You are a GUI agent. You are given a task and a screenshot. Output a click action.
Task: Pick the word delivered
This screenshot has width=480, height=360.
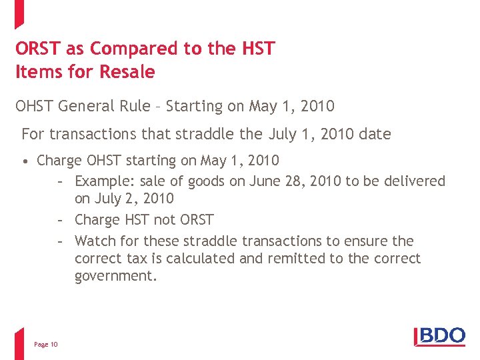click(x=414, y=181)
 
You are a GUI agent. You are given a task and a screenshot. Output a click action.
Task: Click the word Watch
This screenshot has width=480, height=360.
click(x=95, y=241)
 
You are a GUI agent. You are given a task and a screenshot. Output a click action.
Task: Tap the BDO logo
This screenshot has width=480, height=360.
click(x=440, y=336)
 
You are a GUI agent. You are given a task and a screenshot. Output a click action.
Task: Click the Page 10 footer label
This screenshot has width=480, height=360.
click(x=46, y=344)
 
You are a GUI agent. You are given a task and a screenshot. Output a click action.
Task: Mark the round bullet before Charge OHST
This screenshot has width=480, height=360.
click(x=24, y=161)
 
